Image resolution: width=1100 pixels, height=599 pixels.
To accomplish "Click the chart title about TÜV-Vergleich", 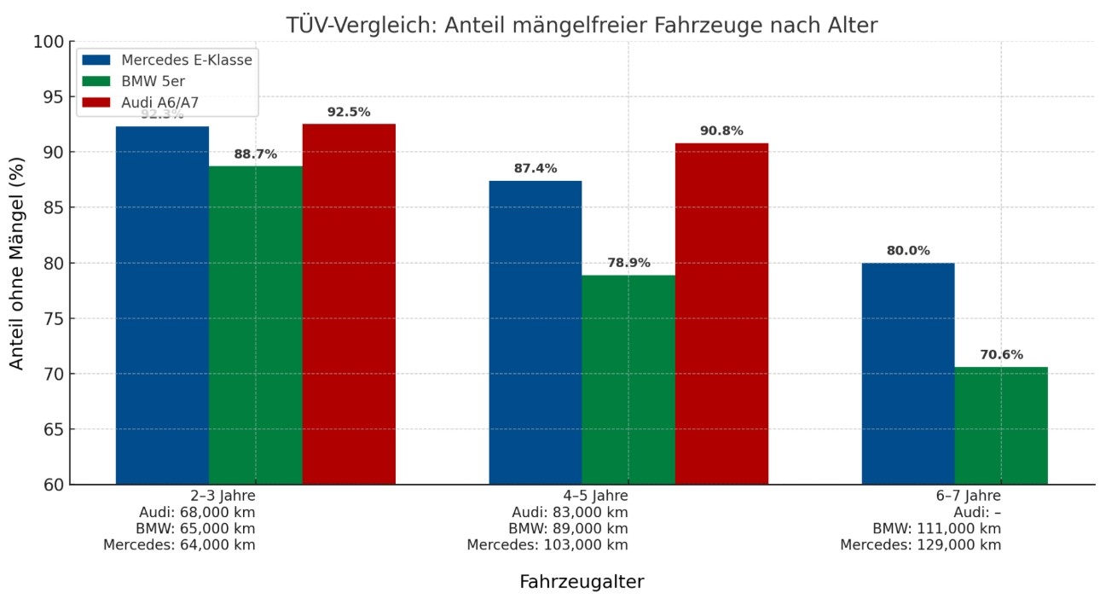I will click(581, 26).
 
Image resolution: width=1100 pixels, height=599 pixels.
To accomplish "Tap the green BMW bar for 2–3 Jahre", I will click(255, 324).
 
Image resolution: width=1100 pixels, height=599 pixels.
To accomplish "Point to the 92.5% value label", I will click(349, 113).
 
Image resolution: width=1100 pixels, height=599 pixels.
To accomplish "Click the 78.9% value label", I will click(628, 263).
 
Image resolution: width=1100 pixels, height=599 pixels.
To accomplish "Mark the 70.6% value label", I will click(1001, 355).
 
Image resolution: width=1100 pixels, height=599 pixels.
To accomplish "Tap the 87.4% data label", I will click(535, 169).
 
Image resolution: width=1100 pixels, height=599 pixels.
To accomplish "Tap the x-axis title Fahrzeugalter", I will click(582, 582).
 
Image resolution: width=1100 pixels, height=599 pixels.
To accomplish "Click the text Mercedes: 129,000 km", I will click(920, 545).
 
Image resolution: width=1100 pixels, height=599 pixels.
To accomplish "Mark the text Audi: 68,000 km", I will click(196, 512).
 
